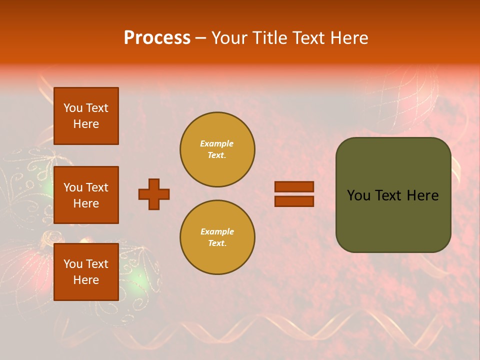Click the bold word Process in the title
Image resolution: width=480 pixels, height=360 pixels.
(x=157, y=38)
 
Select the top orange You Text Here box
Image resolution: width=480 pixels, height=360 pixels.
(x=86, y=116)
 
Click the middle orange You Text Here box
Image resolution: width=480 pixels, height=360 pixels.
(x=86, y=195)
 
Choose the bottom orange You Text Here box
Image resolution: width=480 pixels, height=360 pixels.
(x=86, y=272)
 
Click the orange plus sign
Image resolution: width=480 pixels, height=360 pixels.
(x=154, y=194)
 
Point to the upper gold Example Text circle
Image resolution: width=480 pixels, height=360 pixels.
(x=217, y=149)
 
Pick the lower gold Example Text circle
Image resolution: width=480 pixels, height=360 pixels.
(x=217, y=237)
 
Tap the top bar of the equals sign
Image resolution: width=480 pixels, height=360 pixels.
(x=294, y=186)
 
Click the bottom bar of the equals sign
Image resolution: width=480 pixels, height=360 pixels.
(x=294, y=201)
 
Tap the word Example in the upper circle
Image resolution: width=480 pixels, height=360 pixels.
(x=217, y=143)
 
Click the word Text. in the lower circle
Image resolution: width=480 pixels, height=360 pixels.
(x=217, y=243)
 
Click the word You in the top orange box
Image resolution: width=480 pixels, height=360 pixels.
(x=72, y=108)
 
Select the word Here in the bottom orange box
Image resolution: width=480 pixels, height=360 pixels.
(x=86, y=280)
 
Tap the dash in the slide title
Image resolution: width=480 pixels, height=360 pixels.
(x=201, y=38)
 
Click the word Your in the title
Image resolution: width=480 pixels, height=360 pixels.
(x=227, y=38)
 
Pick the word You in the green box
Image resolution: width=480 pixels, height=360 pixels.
(x=358, y=195)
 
